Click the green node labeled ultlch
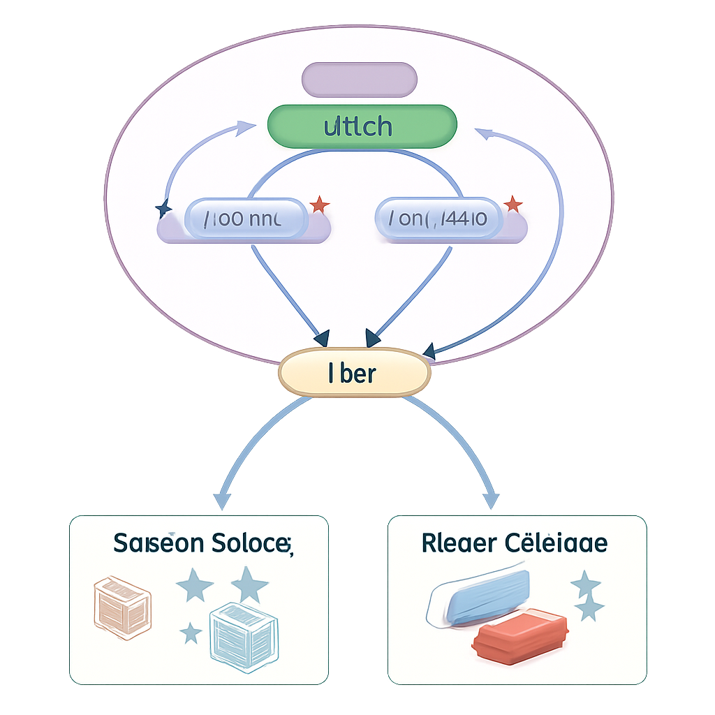362,126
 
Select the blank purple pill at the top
359,79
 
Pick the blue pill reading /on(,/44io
438,218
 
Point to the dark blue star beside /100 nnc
163,209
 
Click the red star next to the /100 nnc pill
319,205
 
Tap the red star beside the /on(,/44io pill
513,205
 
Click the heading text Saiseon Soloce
202,544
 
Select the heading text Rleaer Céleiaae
515,543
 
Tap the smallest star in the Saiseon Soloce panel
191,633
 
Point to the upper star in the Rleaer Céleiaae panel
585,583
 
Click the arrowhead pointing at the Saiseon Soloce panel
222,501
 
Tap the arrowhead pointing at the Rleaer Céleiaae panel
491,500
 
